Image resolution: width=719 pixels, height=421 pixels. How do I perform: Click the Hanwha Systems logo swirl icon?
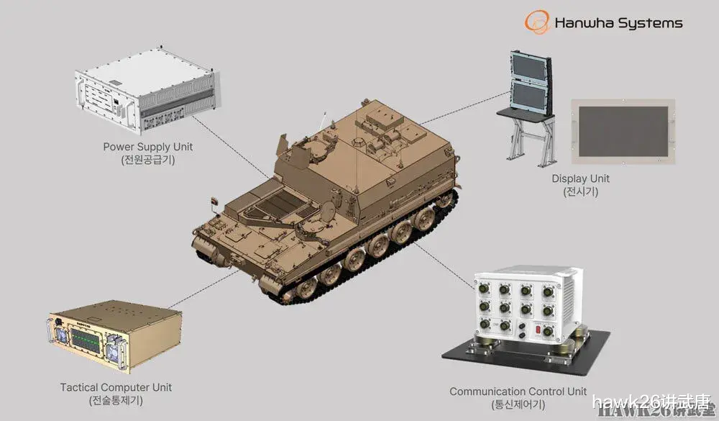click(x=536, y=22)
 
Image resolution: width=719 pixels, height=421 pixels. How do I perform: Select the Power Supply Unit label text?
click(x=148, y=147)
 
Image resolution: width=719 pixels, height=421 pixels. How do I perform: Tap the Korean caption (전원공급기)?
click(x=148, y=160)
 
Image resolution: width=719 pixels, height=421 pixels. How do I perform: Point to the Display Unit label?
click(x=580, y=178)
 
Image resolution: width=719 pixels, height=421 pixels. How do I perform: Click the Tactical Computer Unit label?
click(x=116, y=387)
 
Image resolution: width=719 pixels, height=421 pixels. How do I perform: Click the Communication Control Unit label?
click(x=518, y=391)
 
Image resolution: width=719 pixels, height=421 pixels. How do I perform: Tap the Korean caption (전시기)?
click(x=580, y=191)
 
